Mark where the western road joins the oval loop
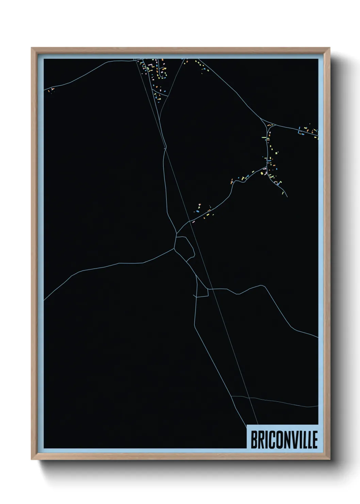point(175,248)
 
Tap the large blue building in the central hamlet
point(196,211)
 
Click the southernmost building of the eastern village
point(283,193)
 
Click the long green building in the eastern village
point(264,137)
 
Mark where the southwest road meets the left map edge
point(44,300)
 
